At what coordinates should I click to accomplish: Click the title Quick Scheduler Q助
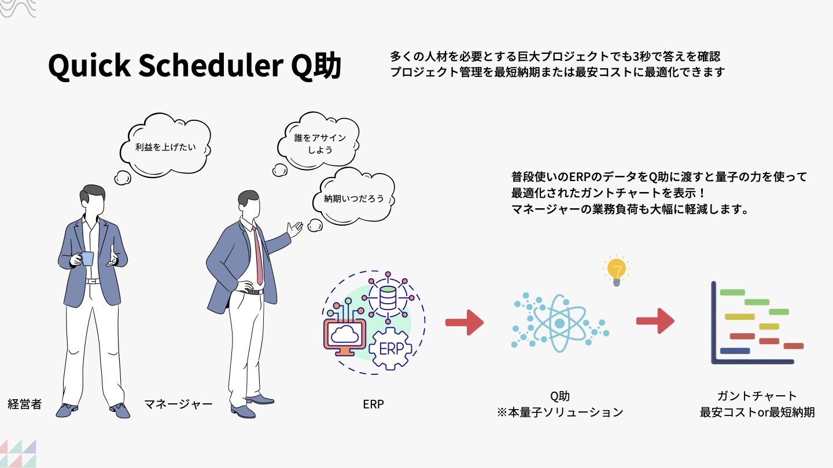coord(194,67)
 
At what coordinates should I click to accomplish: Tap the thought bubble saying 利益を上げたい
coord(165,146)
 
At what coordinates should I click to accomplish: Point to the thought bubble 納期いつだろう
coord(353,198)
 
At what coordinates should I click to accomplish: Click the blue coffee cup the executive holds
coord(87,258)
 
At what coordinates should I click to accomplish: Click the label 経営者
coord(24,404)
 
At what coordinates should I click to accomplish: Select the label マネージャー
coord(178,404)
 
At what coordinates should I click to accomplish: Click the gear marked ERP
coord(390,349)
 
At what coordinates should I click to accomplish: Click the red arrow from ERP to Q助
coord(464,323)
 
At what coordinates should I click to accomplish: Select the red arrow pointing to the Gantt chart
coord(655,320)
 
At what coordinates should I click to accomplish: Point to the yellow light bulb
coord(615,271)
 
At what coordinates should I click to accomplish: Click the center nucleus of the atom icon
coord(559,323)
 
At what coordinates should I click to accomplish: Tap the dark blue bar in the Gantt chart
coord(735,351)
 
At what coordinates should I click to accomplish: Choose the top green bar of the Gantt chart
coord(732,292)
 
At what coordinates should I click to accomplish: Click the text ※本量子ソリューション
coord(559,412)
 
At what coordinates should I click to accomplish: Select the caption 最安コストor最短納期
coord(757,412)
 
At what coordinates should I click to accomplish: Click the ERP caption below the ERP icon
coord(373,404)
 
